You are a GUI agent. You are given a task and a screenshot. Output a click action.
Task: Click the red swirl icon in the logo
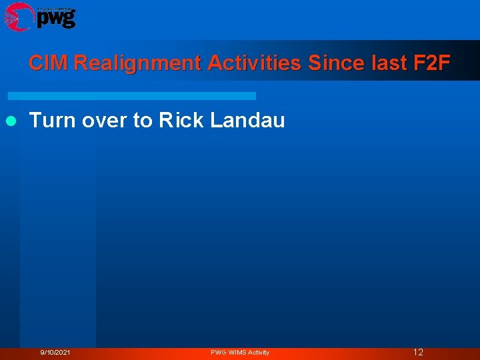coord(19,16)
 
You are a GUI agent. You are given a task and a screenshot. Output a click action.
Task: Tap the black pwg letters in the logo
coord(56,19)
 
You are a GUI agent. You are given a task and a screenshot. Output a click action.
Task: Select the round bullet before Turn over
coord(11,121)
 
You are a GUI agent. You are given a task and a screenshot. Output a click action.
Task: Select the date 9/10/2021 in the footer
coord(55,352)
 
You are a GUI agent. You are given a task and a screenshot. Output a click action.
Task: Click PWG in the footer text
coord(219,352)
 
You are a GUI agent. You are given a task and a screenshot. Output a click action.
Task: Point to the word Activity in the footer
coord(259,352)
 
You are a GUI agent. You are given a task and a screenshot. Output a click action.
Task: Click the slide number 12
coord(418,352)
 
